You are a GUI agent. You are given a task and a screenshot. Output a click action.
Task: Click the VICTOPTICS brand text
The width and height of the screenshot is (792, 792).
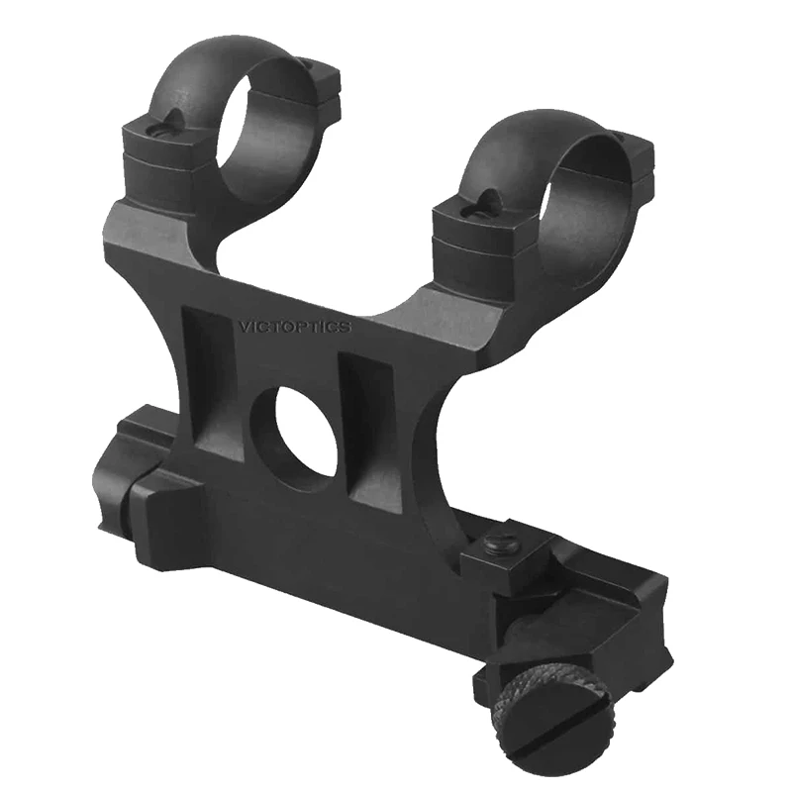tap(294, 326)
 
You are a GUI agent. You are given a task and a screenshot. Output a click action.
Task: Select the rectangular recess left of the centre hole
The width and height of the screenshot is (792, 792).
tap(215, 381)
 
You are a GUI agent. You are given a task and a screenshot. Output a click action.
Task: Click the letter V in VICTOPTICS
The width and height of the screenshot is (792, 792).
tap(243, 325)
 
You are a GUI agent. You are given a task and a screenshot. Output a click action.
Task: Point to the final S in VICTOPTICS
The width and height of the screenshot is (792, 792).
tap(346, 328)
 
